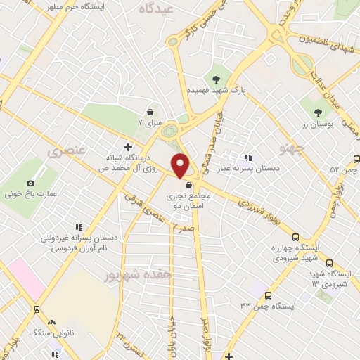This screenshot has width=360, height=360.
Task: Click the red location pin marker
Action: click(181, 165)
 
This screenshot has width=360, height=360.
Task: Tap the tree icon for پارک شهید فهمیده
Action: click(216, 79)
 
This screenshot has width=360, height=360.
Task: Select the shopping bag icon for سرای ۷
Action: click(150, 111)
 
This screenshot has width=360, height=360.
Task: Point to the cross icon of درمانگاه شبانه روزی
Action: click(127, 147)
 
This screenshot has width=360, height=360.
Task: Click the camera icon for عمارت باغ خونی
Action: click(9, 191)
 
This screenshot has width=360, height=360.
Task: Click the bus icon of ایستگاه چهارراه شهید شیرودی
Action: click(295, 237)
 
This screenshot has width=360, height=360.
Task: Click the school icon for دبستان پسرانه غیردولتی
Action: click(79, 226)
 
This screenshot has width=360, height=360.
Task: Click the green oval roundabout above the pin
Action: click(169, 131)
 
